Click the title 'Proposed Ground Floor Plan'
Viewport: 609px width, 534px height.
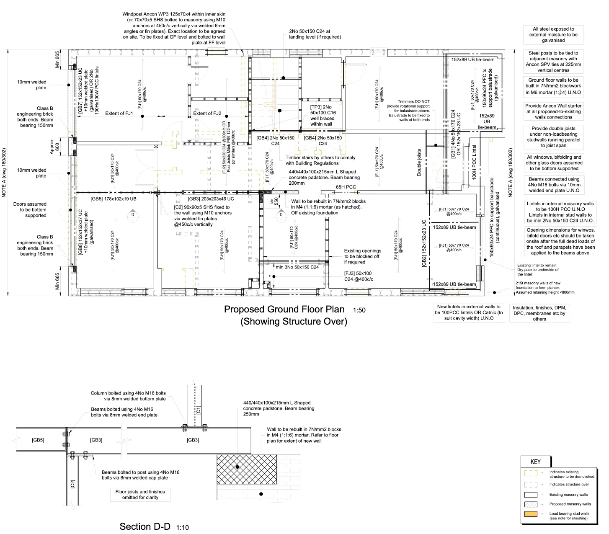point(284,310)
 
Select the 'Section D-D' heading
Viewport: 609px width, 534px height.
point(145,526)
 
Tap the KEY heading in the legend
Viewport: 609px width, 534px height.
point(535,462)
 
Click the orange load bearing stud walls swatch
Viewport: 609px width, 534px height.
point(531,514)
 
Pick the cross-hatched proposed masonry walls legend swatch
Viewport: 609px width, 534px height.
point(531,504)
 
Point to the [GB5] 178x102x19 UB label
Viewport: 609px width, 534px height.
point(114,199)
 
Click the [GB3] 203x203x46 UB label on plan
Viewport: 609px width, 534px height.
point(211,199)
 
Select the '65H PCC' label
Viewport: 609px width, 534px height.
point(346,187)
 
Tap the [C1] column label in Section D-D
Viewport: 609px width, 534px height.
point(199,410)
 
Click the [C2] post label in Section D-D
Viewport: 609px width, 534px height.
point(72,484)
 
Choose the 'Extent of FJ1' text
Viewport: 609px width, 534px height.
point(119,114)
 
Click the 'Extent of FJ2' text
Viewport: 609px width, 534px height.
point(207,114)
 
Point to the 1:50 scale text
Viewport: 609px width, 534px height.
point(359,311)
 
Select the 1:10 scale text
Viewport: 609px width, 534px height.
point(182,528)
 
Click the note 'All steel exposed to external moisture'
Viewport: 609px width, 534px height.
point(553,35)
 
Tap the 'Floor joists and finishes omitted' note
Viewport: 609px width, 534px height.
point(140,495)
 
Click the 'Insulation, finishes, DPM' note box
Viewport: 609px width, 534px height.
point(539,313)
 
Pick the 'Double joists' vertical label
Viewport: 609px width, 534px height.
point(419,163)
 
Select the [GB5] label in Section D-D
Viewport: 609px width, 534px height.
point(38,440)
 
